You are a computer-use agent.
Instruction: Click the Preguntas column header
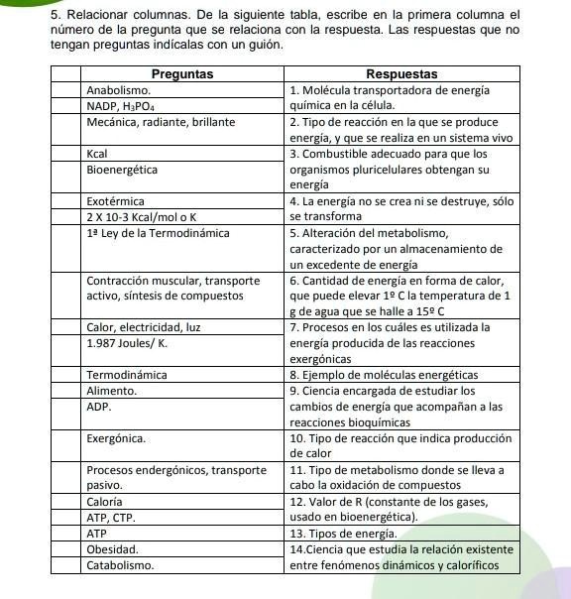pyautogui.click(x=182, y=74)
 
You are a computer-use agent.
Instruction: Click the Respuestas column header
pyautogui.click(x=400, y=74)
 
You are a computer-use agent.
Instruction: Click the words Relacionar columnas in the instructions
pyautogui.click(x=115, y=15)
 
